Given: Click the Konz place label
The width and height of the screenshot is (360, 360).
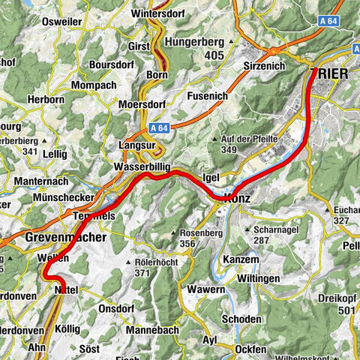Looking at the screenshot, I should [236, 198].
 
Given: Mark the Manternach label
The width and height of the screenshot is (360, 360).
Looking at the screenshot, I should [29, 181].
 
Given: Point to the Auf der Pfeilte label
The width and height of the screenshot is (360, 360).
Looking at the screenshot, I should [250, 139].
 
